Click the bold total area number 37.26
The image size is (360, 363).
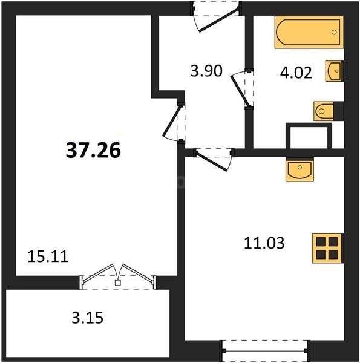pos(93,149)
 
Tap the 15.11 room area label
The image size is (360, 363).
pos(48,257)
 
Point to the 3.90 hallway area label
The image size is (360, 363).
pos(206,71)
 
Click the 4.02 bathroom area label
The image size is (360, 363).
pos(296,73)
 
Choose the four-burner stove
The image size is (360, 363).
pos(328,247)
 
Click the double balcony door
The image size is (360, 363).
pos(118,275)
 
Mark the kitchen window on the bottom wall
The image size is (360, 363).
pos(265,350)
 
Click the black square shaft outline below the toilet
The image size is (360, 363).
pos(309,136)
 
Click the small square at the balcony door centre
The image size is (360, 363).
pos(118,282)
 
